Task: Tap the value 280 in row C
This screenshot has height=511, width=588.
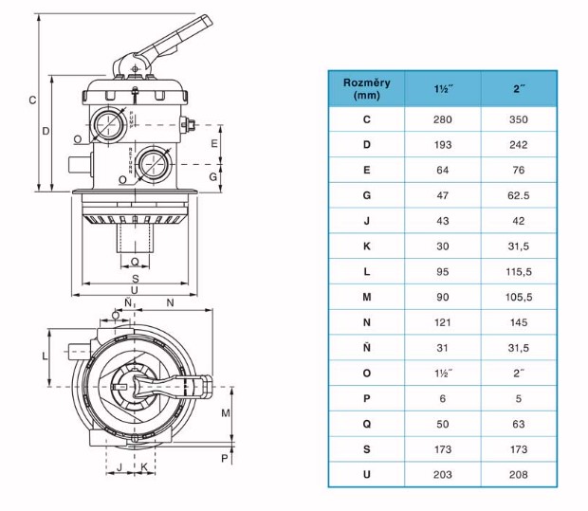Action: [x=442, y=119]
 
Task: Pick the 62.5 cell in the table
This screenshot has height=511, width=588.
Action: [x=519, y=196]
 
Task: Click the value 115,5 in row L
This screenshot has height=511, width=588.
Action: [x=519, y=272]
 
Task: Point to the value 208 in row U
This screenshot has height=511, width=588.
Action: [x=519, y=475]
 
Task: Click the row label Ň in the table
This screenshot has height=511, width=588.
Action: [x=366, y=348]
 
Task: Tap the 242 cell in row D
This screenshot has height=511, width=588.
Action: [x=519, y=145]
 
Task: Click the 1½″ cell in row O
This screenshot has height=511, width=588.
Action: [x=442, y=374]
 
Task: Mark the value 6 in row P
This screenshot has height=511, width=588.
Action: [x=442, y=399]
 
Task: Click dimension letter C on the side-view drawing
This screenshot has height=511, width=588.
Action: [x=31, y=100]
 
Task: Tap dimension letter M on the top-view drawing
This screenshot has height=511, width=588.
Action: [x=225, y=413]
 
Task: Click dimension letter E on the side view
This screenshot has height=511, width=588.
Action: [x=213, y=142]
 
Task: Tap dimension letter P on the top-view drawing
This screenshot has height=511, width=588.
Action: [x=225, y=457]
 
